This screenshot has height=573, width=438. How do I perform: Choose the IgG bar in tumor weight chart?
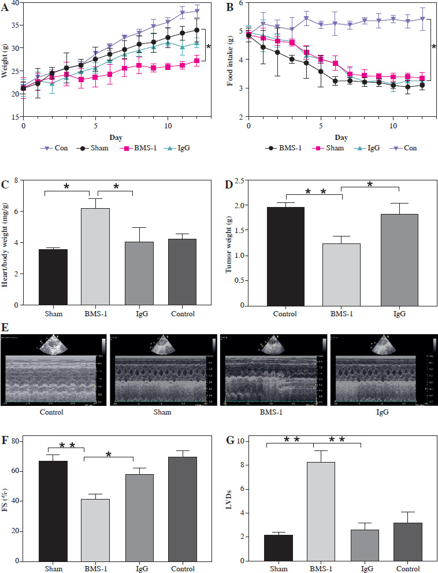tap(399, 260)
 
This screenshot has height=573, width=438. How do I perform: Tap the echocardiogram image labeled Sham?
tap(164, 369)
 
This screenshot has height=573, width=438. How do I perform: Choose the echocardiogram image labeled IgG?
tap(383, 369)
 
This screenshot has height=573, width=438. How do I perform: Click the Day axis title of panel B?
tap(341, 137)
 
